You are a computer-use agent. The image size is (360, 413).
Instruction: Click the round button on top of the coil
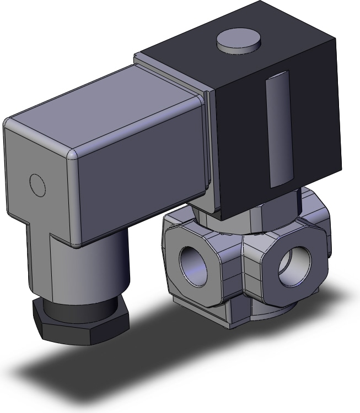click(238, 41)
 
